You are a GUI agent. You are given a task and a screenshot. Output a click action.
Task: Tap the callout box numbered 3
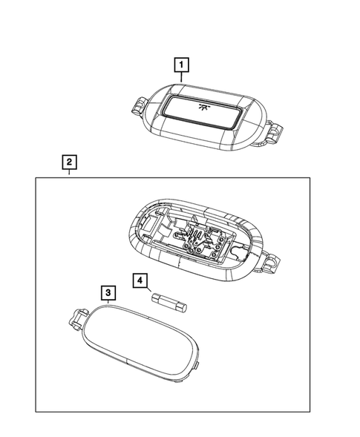108,292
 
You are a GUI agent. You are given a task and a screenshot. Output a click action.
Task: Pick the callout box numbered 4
139,280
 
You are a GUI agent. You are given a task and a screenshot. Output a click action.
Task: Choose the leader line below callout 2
68,172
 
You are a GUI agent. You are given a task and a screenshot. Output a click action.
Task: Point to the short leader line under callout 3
108,302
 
